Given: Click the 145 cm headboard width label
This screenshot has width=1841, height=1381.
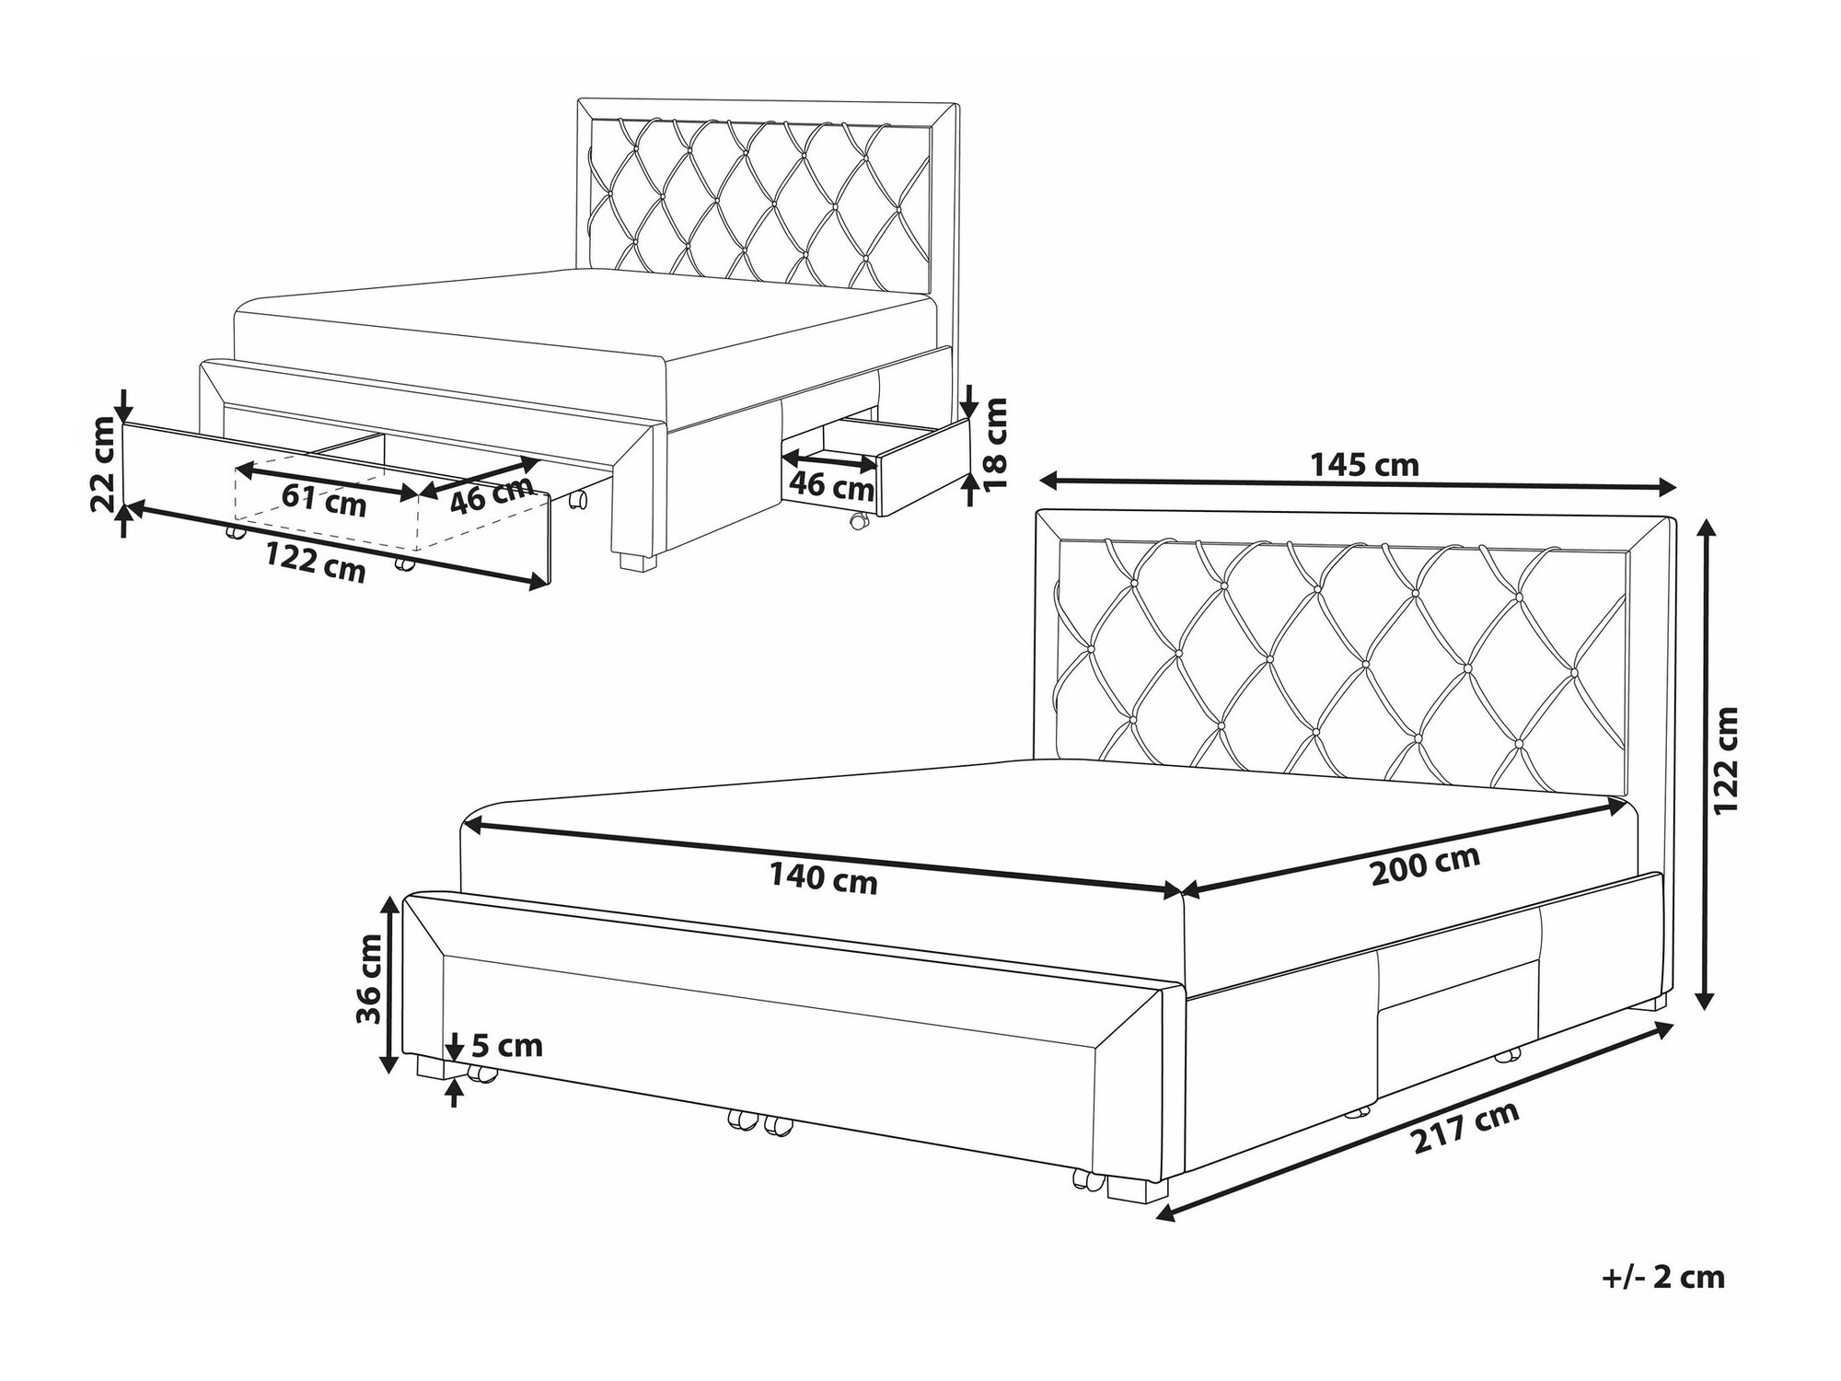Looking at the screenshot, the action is tap(1364, 465).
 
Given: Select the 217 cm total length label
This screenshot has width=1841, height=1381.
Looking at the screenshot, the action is tap(1466, 1142).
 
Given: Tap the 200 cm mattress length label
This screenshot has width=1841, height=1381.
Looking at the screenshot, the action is tap(1426, 865).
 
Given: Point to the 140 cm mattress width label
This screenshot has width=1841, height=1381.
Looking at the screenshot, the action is tap(824, 880).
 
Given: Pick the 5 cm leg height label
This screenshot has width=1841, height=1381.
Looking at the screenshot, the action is tap(506, 1046).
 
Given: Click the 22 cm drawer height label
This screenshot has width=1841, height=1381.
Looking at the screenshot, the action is tap(105, 464).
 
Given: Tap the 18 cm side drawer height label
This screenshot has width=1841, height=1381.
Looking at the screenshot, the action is tap(996, 444).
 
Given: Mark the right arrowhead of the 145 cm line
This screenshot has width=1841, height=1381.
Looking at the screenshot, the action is tap(1669, 489).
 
